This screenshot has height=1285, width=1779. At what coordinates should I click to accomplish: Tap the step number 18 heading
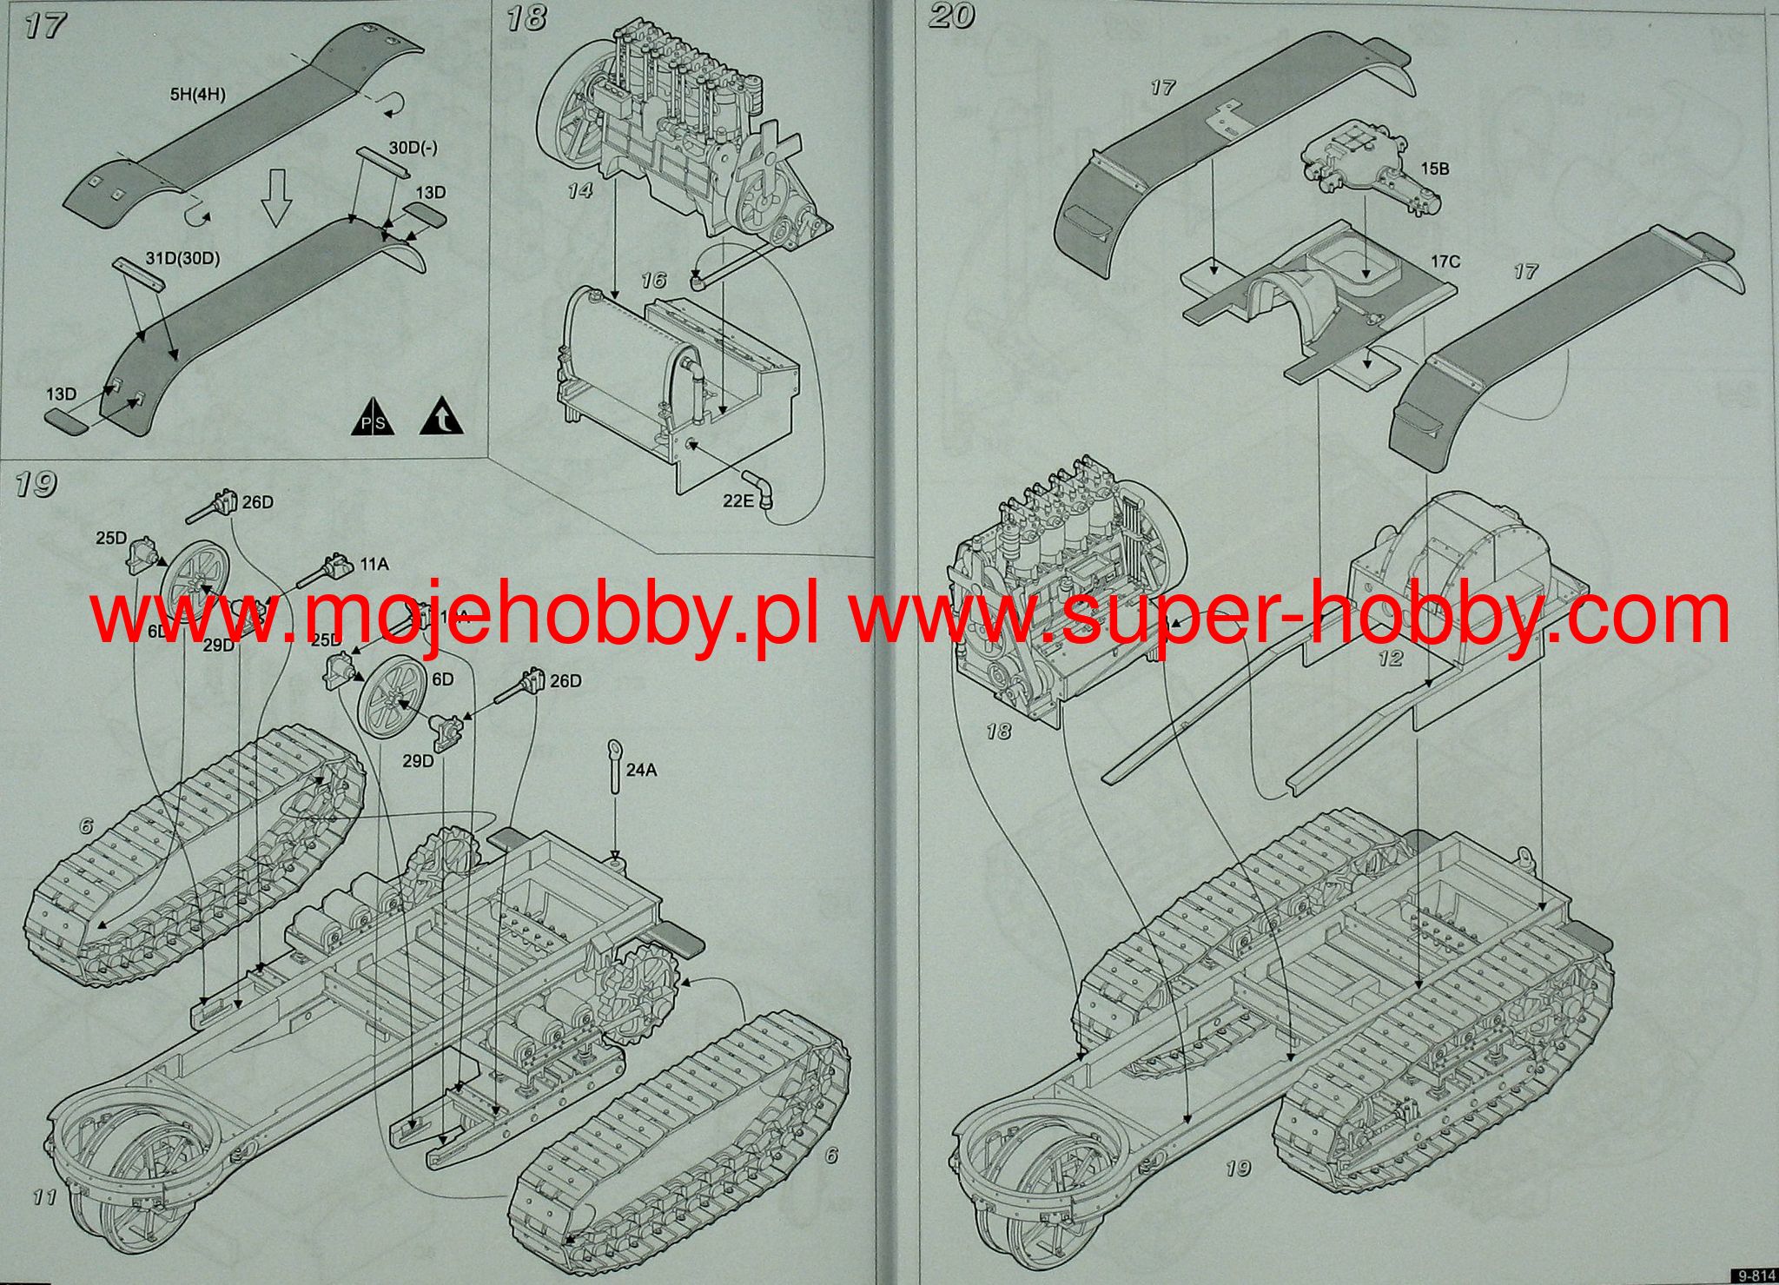tap(526, 18)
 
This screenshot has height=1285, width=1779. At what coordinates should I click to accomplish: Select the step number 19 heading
tap(36, 484)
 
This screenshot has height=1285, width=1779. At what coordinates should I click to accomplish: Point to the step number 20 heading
tap(951, 17)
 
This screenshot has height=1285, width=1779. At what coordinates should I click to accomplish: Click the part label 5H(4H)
tap(197, 94)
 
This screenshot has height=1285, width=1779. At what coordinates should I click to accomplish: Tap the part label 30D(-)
tap(413, 148)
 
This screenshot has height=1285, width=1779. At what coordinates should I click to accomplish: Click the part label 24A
tap(641, 770)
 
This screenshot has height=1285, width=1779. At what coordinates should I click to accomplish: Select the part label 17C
tap(1446, 261)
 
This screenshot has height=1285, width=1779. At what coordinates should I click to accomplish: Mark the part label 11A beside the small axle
tap(374, 565)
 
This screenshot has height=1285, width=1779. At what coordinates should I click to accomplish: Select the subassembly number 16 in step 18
tap(653, 280)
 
